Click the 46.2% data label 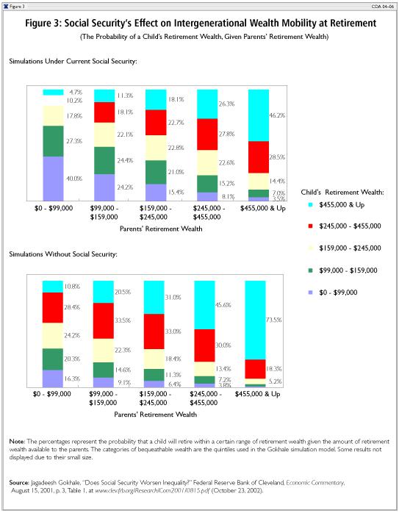[277, 115]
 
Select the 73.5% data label [274, 320]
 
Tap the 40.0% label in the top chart [74, 179]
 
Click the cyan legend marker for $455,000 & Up [310, 205]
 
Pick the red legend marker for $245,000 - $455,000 [310, 226]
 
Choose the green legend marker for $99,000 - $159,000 [310, 270]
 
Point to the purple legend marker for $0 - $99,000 [310, 293]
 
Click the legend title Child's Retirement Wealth [342, 193]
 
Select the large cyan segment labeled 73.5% [255, 320]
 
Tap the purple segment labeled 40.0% [53, 179]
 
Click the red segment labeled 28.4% [53, 307]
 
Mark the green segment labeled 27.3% [53, 141]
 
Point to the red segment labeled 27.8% [207, 134]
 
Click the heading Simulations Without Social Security [63, 254]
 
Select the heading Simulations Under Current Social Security [73, 62]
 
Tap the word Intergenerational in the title [211, 24]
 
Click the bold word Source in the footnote [19, 483]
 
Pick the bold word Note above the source [17, 442]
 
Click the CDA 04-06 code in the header [382, 7]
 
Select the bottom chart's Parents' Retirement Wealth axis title [156, 415]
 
